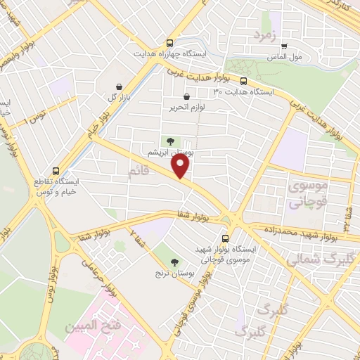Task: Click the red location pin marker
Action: point(181,166)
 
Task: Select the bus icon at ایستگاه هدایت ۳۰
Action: point(244,81)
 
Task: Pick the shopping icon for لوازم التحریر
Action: point(186,97)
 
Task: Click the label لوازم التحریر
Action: point(181,108)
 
